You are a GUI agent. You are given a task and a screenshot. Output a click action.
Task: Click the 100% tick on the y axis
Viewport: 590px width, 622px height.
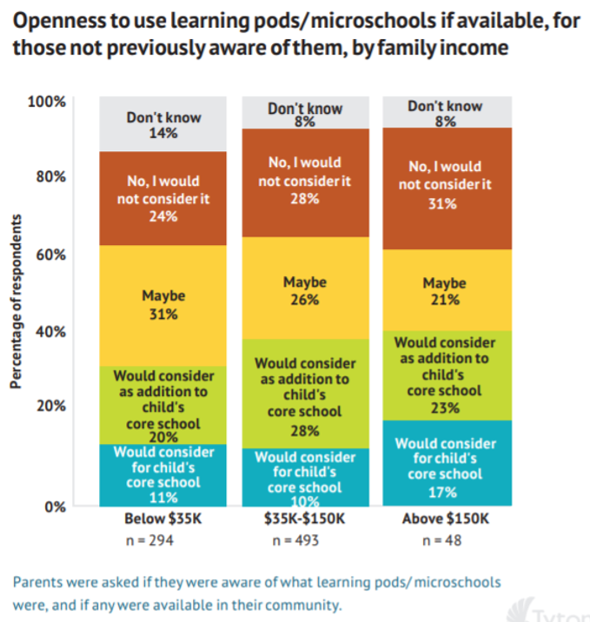pyautogui.click(x=47, y=102)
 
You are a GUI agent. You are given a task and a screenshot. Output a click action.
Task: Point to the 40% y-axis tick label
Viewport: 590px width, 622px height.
pyautogui.click(x=50, y=331)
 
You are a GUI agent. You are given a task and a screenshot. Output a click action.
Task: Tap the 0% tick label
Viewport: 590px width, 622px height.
pyautogui.click(x=55, y=506)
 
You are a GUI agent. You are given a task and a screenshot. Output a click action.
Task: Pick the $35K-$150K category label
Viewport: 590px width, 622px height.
pyautogui.click(x=305, y=520)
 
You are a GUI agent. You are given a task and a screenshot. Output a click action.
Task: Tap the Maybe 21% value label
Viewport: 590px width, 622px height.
pyautogui.click(x=445, y=300)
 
